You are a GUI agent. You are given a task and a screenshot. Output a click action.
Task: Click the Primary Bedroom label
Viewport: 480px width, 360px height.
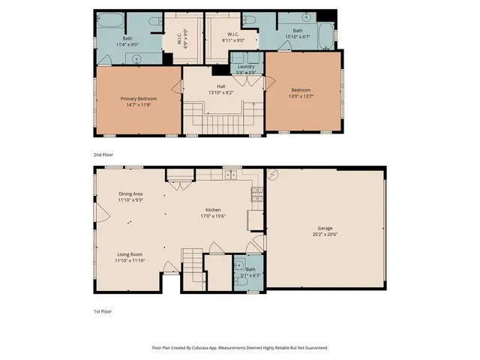pyautogui.click(x=138, y=98)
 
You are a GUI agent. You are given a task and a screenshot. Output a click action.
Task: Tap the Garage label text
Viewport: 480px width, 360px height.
pyautogui.click(x=325, y=227)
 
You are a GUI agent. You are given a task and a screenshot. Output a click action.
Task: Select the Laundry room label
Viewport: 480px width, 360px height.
pyautogui.click(x=246, y=67)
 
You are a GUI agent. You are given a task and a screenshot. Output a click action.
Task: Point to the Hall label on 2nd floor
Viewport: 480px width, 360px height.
pyautogui.click(x=220, y=86)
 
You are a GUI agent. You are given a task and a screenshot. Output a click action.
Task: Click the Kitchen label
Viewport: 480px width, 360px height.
pyautogui.click(x=213, y=210)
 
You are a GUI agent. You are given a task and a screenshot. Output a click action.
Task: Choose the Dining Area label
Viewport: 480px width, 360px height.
pyautogui.click(x=130, y=194)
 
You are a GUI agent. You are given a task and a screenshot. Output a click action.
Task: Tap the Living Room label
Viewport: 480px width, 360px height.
pyautogui.click(x=130, y=255)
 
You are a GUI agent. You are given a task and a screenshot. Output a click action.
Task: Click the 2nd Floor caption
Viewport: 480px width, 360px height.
pyautogui.click(x=103, y=154)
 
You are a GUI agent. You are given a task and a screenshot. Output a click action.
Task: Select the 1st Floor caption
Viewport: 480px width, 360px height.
pyautogui.click(x=102, y=310)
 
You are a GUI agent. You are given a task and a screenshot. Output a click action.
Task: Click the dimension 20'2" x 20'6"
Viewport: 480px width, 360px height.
pyautogui.click(x=325, y=234)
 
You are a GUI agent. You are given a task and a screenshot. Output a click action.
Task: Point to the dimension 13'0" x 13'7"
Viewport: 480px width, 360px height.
pyautogui.click(x=301, y=96)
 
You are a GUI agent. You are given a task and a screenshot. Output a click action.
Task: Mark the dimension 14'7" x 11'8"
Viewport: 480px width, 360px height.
pyautogui.click(x=138, y=104)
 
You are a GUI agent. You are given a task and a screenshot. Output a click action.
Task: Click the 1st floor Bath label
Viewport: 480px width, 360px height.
pyautogui.click(x=249, y=269)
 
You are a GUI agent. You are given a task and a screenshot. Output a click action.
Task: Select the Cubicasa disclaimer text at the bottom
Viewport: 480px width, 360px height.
pyautogui.click(x=240, y=347)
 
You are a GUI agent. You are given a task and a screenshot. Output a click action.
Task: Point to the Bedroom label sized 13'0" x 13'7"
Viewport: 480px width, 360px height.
pyautogui.click(x=301, y=90)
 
